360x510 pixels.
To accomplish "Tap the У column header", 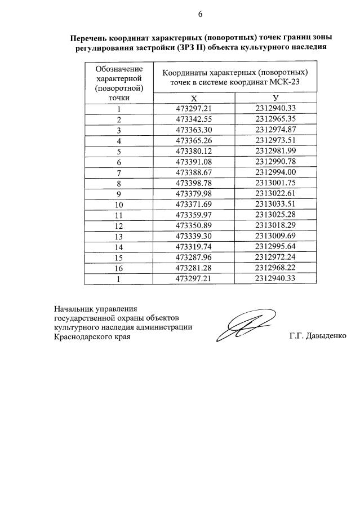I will (x=275, y=98).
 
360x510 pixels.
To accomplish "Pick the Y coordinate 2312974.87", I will (x=275, y=130).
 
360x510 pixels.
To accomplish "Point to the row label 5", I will (x=119, y=151).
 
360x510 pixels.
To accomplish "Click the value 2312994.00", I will (x=275, y=172).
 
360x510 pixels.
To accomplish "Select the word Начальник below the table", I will (x=74, y=308).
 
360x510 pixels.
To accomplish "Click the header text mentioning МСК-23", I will (x=235, y=82).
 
